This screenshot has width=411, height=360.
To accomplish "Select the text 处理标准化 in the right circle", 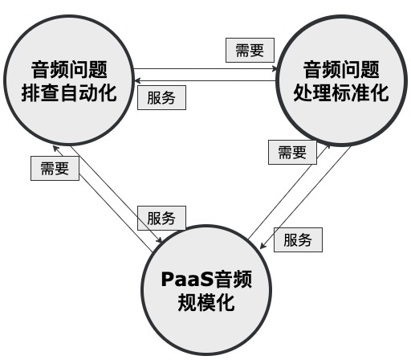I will coord(341,92).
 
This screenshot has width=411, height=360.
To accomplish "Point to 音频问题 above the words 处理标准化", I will coord(341,67).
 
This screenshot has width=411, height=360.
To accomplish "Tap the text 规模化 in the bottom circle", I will coord(208,304).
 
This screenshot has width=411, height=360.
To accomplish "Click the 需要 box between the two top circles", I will coord(249,50).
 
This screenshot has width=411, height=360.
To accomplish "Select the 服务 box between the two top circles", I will coord(163,96).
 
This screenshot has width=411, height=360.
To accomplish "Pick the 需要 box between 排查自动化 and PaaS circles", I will coord(55,169).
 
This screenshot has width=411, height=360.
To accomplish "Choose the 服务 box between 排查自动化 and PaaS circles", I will coord(163,217).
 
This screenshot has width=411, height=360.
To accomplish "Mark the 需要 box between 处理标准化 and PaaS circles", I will coord(291,153).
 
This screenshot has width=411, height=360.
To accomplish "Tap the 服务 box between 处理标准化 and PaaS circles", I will coord(298,239).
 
